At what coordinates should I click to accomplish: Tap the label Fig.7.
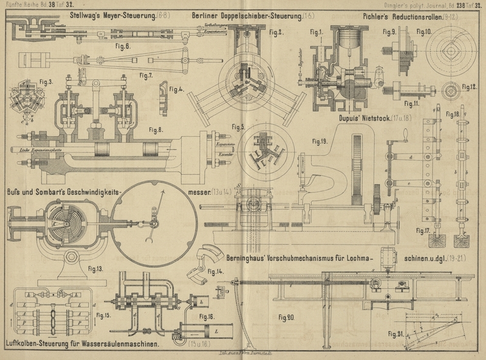(146, 75)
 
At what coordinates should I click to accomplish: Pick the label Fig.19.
(320, 142)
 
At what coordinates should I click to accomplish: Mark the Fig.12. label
(469, 87)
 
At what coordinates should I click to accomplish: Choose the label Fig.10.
(424, 32)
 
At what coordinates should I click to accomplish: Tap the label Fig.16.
(207, 317)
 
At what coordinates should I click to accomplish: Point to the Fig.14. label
(214, 272)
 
